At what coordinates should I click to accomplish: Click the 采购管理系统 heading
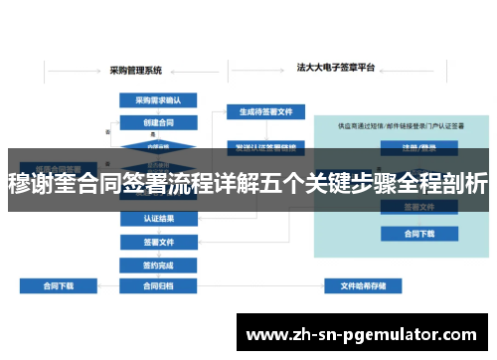pos(136,70)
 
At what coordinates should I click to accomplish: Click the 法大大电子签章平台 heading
pos(336,69)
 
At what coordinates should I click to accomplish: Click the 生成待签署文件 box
pos(258,111)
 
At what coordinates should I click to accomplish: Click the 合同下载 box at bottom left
pos(59,286)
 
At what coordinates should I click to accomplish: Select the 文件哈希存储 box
pos(363,286)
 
